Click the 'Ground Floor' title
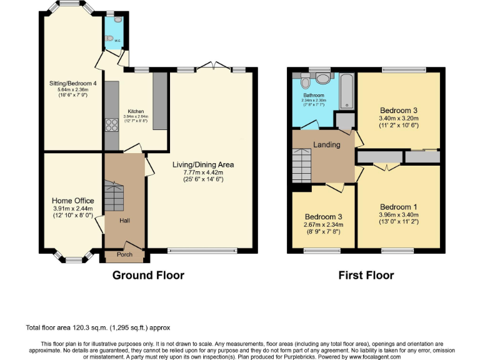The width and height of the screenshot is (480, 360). (148, 275)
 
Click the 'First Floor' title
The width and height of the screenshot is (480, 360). (366, 275)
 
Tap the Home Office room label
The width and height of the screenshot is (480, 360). (72, 201)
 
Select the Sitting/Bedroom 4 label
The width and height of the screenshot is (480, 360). (73, 82)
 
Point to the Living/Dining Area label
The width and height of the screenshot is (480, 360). (203, 165)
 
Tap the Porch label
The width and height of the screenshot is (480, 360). (124, 254)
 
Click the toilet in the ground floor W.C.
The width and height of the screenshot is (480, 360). (111, 39)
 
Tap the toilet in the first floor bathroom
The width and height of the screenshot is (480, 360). (305, 81)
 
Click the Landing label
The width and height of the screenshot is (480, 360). (326, 144)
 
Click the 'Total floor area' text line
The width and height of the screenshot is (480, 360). (97, 327)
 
